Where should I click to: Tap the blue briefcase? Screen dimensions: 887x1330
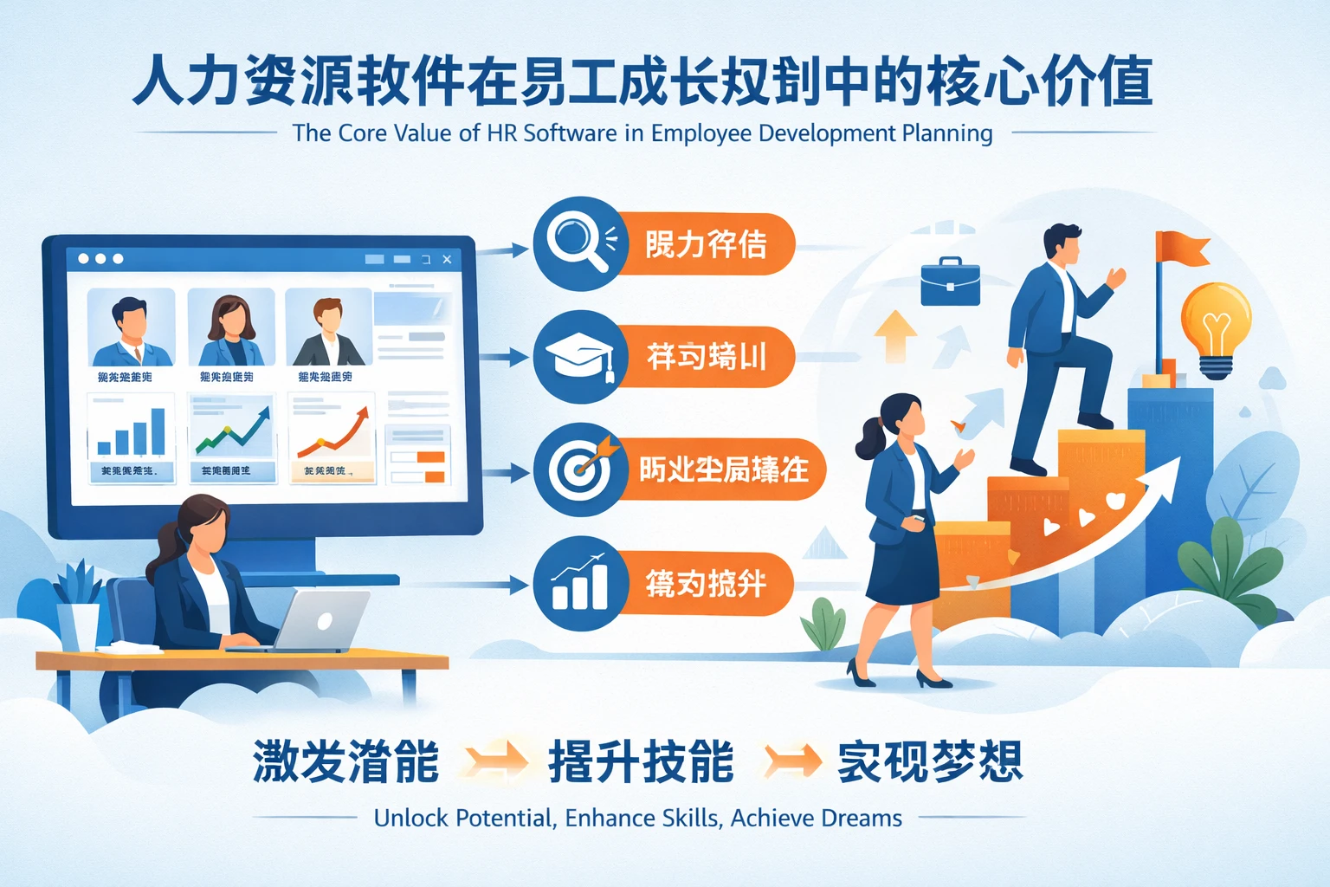[950, 282]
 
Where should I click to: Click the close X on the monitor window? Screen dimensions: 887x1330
[447, 259]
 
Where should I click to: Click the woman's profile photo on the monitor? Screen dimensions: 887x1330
[231, 328]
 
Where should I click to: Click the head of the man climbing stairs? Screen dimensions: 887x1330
[1062, 243]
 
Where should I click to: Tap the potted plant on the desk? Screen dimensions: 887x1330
[78, 606]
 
